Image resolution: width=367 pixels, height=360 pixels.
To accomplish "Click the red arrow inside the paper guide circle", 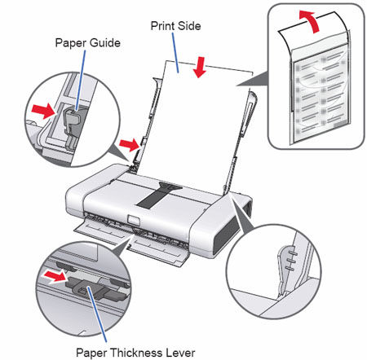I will pyautogui.click(x=42, y=107).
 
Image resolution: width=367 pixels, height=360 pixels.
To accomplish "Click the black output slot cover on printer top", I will pyautogui.click(x=158, y=194).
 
